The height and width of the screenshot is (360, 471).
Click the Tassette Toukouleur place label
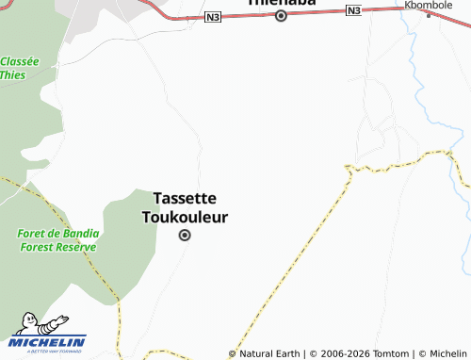pyautogui.click(x=185, y=207)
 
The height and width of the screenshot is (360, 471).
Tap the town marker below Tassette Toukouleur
pyautogui.click(x=185, y=236)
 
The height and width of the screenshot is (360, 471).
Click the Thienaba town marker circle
pyautogui.click(x=280, y=15)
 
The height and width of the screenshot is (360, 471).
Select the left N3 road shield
pyautogui.click(x=212, y=18)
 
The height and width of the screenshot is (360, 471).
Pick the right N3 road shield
pyautogui.click(x=353, y=10)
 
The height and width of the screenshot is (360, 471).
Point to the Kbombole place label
pyautogui.click(x=430, y=5)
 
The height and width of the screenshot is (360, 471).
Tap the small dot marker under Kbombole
pyautogui.click(x=429, y=16)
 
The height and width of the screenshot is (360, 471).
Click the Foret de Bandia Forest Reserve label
pyautogui.click(x=57, y=239)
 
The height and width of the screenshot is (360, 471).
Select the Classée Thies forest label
pyautogui.click(x=19, y=68)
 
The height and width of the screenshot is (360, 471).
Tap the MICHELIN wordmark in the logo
pyautogui.click(x=49, y=342)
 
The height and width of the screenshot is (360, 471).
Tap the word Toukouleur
pyautogui.click(x=185, y=217)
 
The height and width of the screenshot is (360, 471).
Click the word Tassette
pyautogui.click(x=185, y=198)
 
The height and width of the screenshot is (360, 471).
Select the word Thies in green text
pyautogui.click(x=12, y=74)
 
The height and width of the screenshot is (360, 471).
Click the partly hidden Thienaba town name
pyautogui.click(x=280, y=3)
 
